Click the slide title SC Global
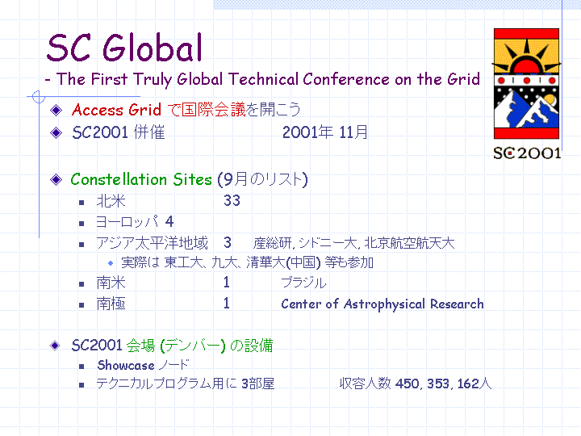124,48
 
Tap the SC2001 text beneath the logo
527,153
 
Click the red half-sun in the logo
526,66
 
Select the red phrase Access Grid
116,110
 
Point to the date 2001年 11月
325,132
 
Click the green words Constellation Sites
141,179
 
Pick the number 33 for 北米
232,200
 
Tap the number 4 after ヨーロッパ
169,222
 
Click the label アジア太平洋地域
153,243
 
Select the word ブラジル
303,283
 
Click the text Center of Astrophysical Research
382,304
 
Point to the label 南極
111,304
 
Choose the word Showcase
126,365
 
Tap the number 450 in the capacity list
408,384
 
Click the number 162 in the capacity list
468,384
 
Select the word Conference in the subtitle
346,79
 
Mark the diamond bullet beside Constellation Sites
56,180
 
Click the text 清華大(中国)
283,262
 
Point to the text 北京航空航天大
409,243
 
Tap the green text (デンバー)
193,346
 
